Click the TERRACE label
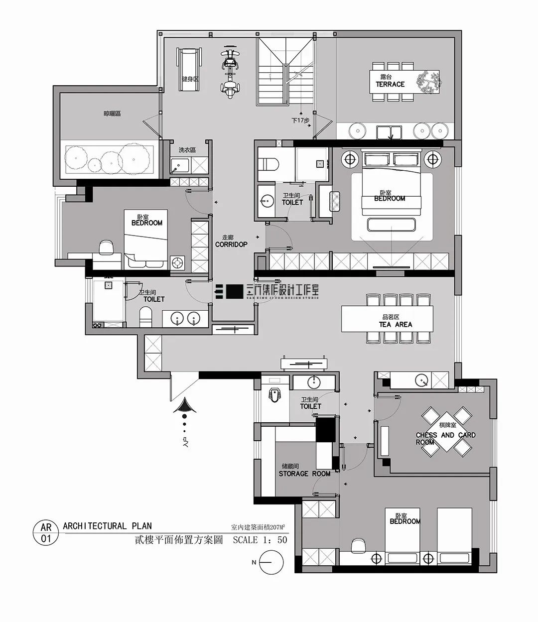point(390,84)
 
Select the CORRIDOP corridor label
point(231,245)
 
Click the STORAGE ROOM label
point(304,474)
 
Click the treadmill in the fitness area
point(188,70)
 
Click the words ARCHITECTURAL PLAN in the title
point(108,526)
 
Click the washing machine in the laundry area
point(178,165)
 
